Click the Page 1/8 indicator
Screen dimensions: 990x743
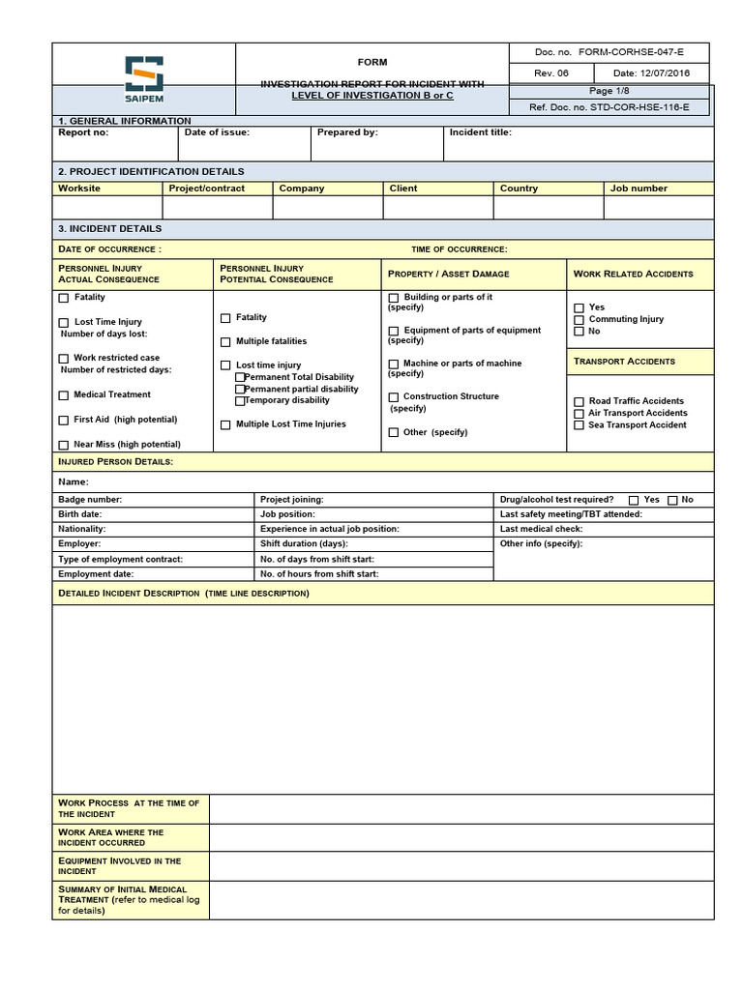tap(609, 90)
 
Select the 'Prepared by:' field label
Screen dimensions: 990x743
tap(347, 132)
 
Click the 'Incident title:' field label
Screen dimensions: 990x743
tap(481, 132)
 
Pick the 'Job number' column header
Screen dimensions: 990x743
tap(639, 189)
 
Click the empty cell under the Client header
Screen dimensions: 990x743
tap(438, 208)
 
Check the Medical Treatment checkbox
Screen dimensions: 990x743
tap(64, 395)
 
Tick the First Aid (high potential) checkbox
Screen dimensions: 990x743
tap(64, 421)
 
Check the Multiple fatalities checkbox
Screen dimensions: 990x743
tap(225, 342)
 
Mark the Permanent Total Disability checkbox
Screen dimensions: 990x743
tap(241, 377)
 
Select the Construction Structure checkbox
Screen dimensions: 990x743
tap(394, 397)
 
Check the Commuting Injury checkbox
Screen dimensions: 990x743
tap(580, 319)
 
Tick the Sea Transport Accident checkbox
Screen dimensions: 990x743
tap(580, 425)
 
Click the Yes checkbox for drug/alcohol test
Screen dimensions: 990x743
tap(634, 500)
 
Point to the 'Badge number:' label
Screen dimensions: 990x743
tap(90, 500)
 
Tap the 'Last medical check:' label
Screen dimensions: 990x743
tap(541, 529)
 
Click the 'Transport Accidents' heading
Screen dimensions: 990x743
tap(624, 362)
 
